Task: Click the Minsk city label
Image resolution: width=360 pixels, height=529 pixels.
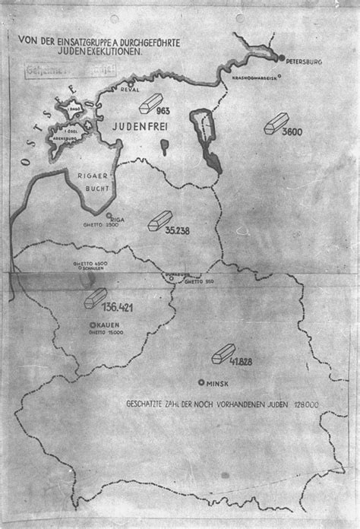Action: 219,383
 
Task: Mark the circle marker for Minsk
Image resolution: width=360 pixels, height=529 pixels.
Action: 201,382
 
